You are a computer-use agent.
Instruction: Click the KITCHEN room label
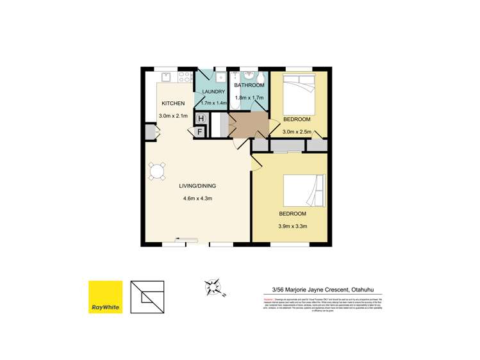173,104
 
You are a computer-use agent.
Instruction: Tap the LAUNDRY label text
213,92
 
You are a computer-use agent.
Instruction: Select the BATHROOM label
249,85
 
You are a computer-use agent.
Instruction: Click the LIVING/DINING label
197,186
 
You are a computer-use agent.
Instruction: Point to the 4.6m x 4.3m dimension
197,199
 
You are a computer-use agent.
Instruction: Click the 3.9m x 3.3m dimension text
293,226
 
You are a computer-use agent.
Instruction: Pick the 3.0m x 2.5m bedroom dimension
297,133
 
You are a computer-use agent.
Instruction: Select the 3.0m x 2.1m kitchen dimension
172,117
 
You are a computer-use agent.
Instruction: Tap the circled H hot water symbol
201,119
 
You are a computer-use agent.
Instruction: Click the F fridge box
201,132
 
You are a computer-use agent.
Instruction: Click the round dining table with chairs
157,171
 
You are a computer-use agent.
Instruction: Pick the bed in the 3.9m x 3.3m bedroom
302,192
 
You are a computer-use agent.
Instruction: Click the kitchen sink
164,78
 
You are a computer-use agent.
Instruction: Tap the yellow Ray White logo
105,297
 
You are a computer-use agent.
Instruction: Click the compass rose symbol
213,288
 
